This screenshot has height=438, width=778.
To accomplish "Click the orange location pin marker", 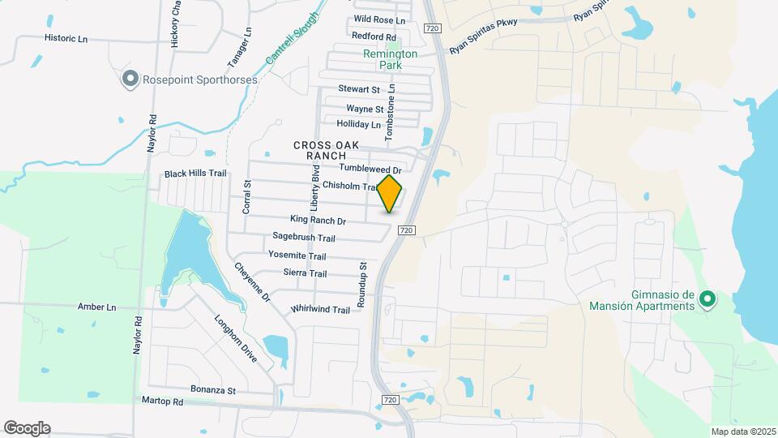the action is (x=390, y=194).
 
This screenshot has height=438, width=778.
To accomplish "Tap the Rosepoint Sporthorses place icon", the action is (x=130, y=79).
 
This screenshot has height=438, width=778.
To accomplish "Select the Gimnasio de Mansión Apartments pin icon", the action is (x=706, y=299).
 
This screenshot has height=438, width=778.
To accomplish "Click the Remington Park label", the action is (x=389, y=59).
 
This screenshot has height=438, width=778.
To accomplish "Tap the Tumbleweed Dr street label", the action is (x=370, y=168).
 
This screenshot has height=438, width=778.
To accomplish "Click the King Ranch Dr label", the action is (x=318, y=221).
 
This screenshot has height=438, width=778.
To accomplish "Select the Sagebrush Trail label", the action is (x=303, y=238).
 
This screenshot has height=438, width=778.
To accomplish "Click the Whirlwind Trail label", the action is (x=319, y=310).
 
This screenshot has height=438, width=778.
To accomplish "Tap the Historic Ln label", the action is (x=66, y=38).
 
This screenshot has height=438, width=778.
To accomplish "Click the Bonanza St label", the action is (x=212, y=390).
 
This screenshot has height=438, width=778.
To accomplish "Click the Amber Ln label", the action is (x=96, y=307).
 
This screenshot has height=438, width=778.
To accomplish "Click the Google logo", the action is (x=26, y=428).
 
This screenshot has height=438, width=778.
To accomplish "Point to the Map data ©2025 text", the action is (x=742, y=432).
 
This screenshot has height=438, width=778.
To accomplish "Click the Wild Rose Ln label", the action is (x=379, y=20).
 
